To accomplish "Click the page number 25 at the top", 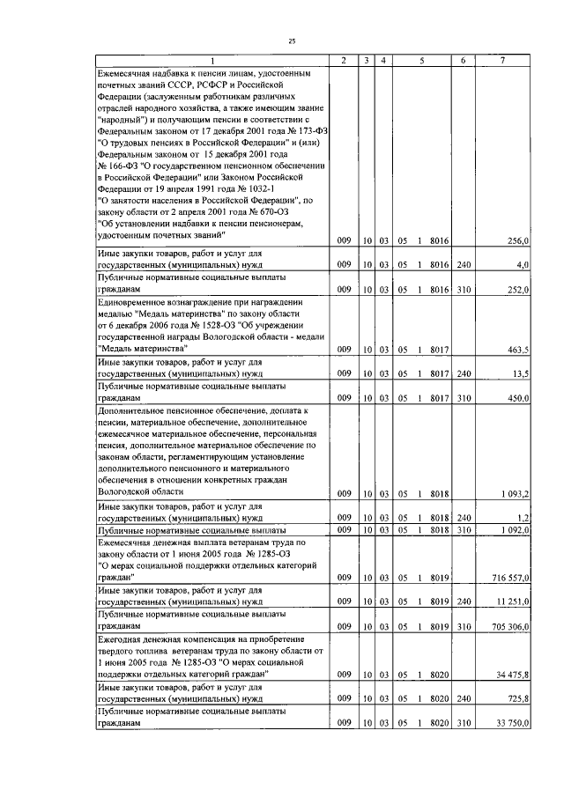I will (292, 41).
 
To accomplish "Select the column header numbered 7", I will (502, 59).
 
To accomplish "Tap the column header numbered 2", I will (343, 59).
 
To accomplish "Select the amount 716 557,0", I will (509, 578).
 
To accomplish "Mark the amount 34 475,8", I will (511, 675).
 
